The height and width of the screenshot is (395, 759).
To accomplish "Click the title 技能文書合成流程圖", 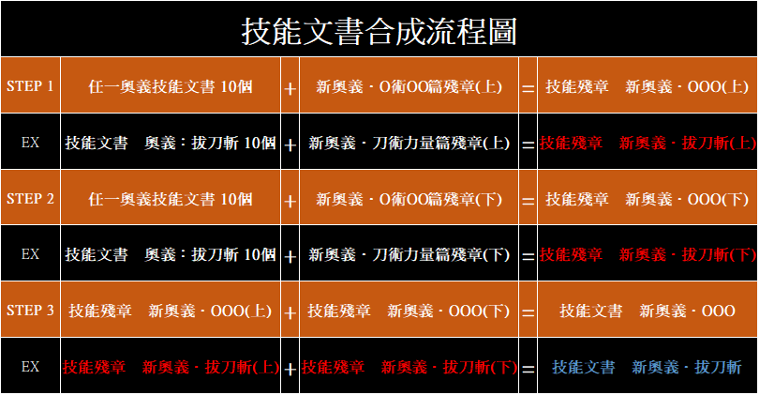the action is coord(379,31).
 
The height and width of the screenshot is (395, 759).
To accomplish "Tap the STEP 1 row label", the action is coord(30,86).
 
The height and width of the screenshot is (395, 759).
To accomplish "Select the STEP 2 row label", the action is coord(30,199).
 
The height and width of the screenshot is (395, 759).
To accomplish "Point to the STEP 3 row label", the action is coord(30,311).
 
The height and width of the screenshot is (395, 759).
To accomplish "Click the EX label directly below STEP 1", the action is coord(30,143).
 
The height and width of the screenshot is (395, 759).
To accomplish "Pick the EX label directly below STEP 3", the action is coord(30,367).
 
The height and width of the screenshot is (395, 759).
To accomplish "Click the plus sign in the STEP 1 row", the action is coord(290,89).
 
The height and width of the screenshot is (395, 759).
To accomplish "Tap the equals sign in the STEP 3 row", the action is coord(528,313).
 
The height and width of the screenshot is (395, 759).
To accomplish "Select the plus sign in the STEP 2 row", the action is coord(290,201).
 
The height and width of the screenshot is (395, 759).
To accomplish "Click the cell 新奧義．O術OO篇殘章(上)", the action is coord(409,86).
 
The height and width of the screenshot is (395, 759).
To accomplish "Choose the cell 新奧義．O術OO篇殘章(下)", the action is coord(409,199).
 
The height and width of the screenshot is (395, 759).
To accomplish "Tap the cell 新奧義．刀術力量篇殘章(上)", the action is coord(409,143).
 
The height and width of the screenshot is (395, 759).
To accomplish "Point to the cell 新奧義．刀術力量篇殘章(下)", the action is coord(409,255).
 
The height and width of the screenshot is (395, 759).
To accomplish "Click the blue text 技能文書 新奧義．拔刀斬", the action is coord(647,367).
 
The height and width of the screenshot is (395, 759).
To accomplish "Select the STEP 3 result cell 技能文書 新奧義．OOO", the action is coord(647,311).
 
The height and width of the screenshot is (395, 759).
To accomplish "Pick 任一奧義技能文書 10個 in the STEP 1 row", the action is coord(171,86).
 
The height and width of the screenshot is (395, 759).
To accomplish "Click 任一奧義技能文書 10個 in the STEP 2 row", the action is coord(171,199).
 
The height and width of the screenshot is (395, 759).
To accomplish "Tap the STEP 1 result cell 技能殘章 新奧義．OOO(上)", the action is coord(647,86).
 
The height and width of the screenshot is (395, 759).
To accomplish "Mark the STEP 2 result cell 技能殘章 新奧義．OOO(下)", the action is coord(647,199).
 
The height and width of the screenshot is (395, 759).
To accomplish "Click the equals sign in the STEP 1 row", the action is coord(528,89).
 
